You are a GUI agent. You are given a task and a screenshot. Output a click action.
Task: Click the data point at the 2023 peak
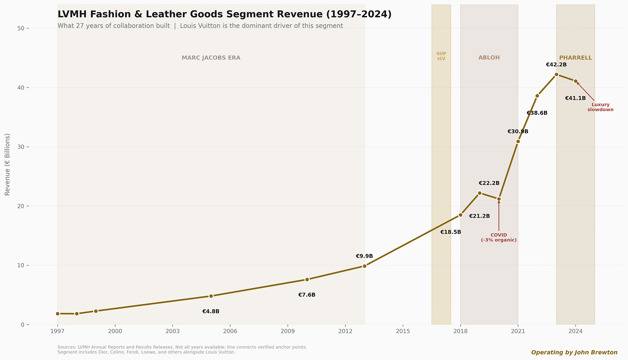556,74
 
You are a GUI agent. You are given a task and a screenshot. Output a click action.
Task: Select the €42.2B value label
556,65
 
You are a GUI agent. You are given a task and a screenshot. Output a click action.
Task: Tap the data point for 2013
364,266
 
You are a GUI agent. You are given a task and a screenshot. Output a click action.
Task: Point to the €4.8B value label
211,311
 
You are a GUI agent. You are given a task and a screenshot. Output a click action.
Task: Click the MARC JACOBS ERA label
211,58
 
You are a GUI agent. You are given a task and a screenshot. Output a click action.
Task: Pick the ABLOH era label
489,58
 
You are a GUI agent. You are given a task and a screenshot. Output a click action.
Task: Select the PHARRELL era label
575,58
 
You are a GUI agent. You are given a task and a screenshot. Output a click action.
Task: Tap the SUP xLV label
441,56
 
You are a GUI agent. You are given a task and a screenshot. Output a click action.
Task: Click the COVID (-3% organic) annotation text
499,238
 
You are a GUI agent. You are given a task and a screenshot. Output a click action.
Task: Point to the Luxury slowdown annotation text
600,107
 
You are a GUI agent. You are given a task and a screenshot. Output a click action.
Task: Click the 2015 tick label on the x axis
403,331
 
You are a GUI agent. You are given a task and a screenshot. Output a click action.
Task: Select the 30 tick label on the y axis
21,147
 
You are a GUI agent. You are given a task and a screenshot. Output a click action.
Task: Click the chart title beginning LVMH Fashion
224,14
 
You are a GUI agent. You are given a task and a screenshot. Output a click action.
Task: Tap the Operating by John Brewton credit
574,352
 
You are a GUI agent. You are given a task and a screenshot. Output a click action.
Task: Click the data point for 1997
57,313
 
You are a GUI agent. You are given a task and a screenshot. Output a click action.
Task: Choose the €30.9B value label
518,131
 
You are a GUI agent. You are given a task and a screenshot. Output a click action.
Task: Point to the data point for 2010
307,279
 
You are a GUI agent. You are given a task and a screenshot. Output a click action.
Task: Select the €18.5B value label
451,232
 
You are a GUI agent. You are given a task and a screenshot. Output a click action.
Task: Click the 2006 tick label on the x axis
230,331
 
